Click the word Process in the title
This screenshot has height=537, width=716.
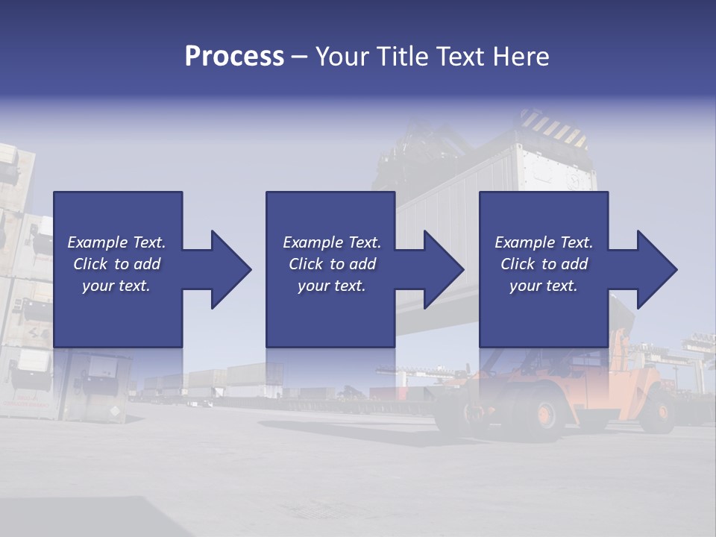(x=234, y=57)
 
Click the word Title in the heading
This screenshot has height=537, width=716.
(x=399, y=57)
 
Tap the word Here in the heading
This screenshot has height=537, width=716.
(x=520, y=57)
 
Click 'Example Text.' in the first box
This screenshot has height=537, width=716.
(x=117, y=242)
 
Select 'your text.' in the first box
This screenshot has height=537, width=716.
(x=117, y=286)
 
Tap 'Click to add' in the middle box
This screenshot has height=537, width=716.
(x=332, y=264)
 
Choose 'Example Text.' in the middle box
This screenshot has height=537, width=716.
(x=332, y=242)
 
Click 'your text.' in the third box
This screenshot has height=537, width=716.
(x=544, y=286)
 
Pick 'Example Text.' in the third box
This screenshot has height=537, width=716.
(x=544, y=242)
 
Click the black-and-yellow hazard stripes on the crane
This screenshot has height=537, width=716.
(x=552, y=128)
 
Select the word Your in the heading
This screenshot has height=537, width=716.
(x=342, y=57)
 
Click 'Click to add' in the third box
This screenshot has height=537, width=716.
(x=544, y=264)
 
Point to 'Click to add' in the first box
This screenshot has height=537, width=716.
(x=117, y=264)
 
